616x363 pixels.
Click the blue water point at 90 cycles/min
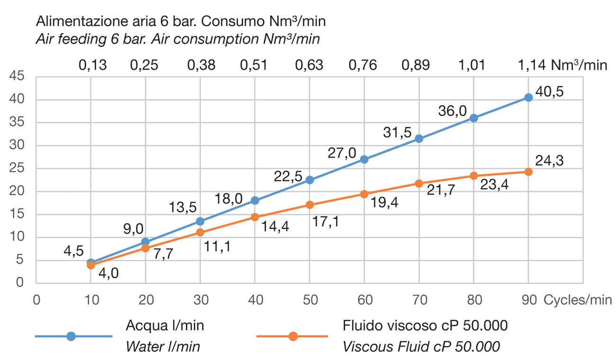pos(528,97)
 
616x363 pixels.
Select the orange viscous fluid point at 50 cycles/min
pos(309,205)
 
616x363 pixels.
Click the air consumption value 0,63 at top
pos(309,65)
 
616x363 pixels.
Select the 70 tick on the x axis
pos(419,300)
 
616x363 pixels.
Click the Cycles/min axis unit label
pos(578,300)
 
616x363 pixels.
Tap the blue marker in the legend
pos(71,336)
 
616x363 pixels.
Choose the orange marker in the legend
pos(293,336)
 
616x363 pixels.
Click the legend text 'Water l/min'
pos(163,346)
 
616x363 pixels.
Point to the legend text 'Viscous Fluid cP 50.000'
pos(421,346)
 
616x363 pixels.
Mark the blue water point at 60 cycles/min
pos(364,159)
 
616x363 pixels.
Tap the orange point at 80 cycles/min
pos(473,176)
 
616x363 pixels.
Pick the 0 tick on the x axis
pos(36,300)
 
